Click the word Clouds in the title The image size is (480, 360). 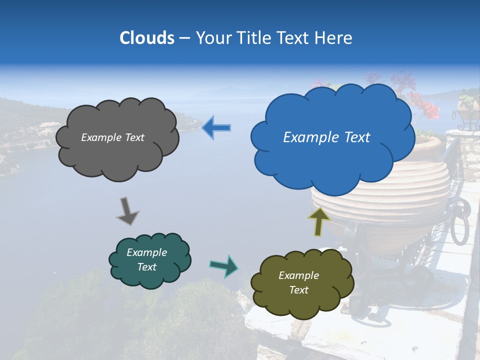[x=147, y=38]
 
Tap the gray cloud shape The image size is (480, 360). [x=117, y=150]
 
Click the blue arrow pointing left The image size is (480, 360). [x=216, y=128]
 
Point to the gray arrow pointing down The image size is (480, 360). [x=127, y=210]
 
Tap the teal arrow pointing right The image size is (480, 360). [x=224, y=266]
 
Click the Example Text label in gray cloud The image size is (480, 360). [x=112, y=137]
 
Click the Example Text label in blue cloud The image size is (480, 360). [x=326, y=137]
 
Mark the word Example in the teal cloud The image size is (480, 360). [x=146, y=252]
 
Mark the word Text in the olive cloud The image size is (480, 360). [x=298, y=290]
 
